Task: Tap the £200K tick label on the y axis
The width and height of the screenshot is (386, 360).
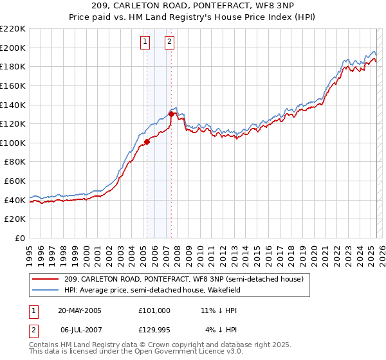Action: point(14,48)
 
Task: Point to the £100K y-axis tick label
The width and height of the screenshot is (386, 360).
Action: point(14,143)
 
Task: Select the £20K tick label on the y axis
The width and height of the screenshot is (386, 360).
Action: point(15,219)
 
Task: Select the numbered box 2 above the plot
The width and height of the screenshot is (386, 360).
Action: point(169,42)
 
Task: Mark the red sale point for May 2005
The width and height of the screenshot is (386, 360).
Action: point(147,141)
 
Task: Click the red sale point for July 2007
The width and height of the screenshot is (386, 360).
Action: point(171,114)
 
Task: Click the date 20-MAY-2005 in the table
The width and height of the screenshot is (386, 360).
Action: point(79,310)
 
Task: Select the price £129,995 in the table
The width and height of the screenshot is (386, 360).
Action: point(154,330)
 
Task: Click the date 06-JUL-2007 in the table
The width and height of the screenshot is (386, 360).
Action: point(79,330)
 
